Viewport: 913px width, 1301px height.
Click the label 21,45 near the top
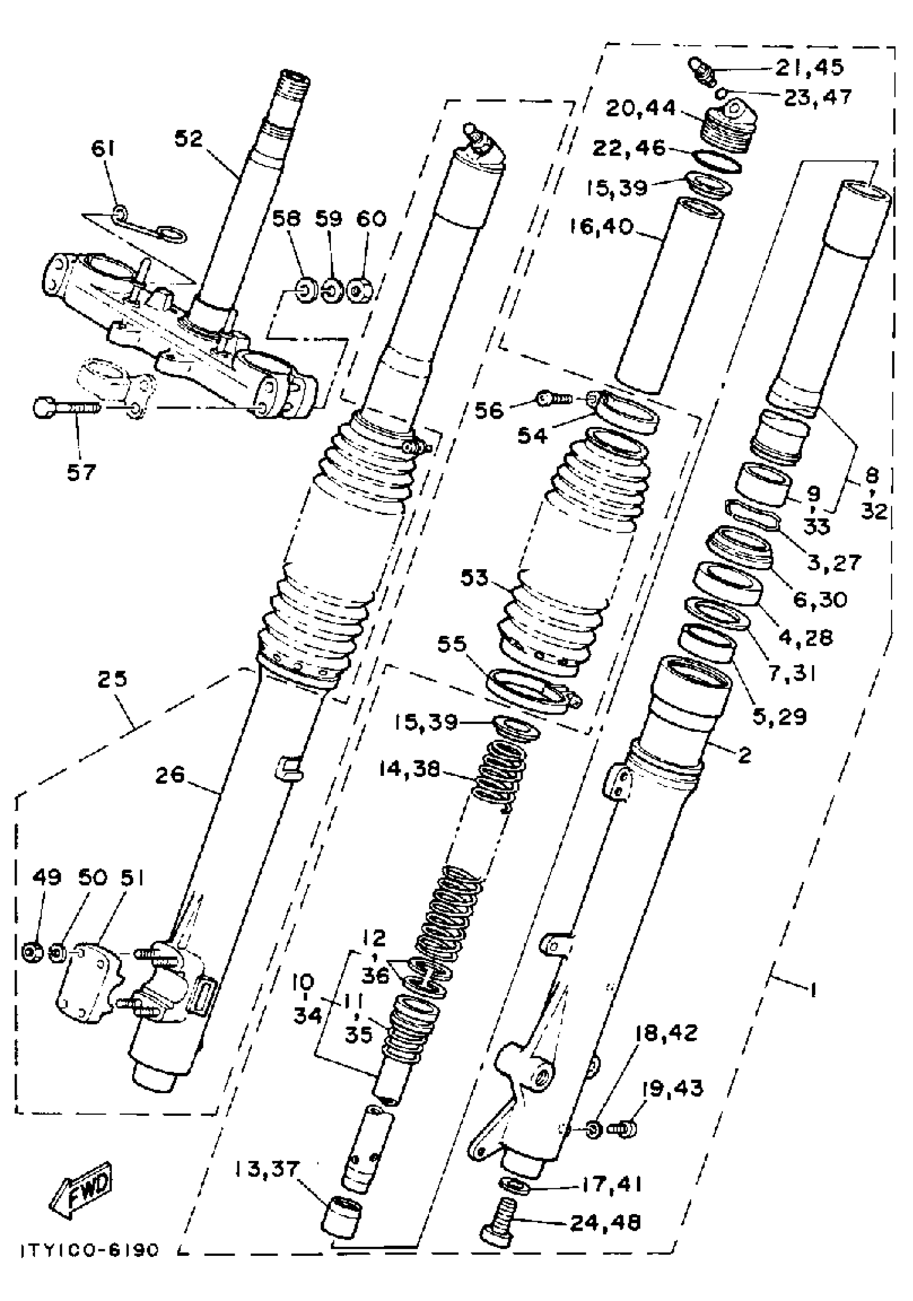[809, 68]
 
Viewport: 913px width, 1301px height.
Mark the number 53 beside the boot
[474, 578]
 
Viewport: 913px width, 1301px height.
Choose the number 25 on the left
[112, 678]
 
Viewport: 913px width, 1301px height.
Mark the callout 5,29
[779, 717]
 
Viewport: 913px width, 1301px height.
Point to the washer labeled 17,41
[515, 1185]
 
